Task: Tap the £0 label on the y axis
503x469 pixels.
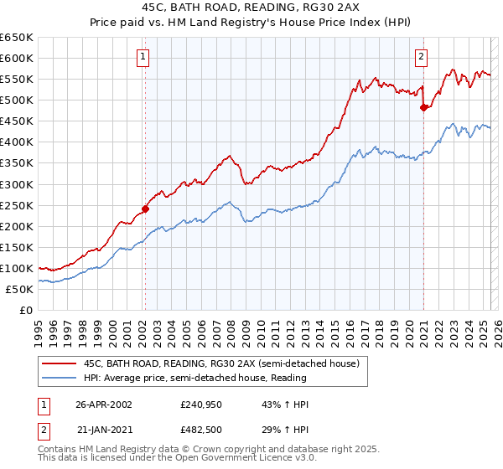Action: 26,310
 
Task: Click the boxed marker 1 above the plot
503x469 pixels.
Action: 144,57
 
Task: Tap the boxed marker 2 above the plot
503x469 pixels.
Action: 420,57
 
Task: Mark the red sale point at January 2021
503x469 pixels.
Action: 423,107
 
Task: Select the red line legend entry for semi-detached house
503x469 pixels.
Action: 221,363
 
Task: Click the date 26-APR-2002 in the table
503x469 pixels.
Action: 104,405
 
